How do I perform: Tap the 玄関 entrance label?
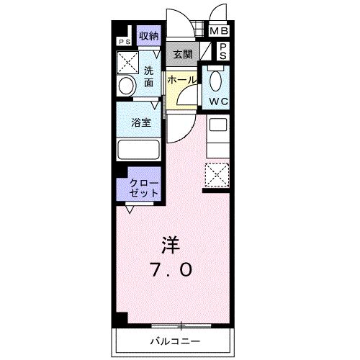click(x=183, y=55)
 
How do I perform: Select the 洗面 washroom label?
click(x=148, y=76)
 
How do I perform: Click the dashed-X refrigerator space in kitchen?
click(x=217, y=175)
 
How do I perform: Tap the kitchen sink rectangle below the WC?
click(x=217, y=125)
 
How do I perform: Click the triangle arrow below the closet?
click(x=129, y=210)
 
